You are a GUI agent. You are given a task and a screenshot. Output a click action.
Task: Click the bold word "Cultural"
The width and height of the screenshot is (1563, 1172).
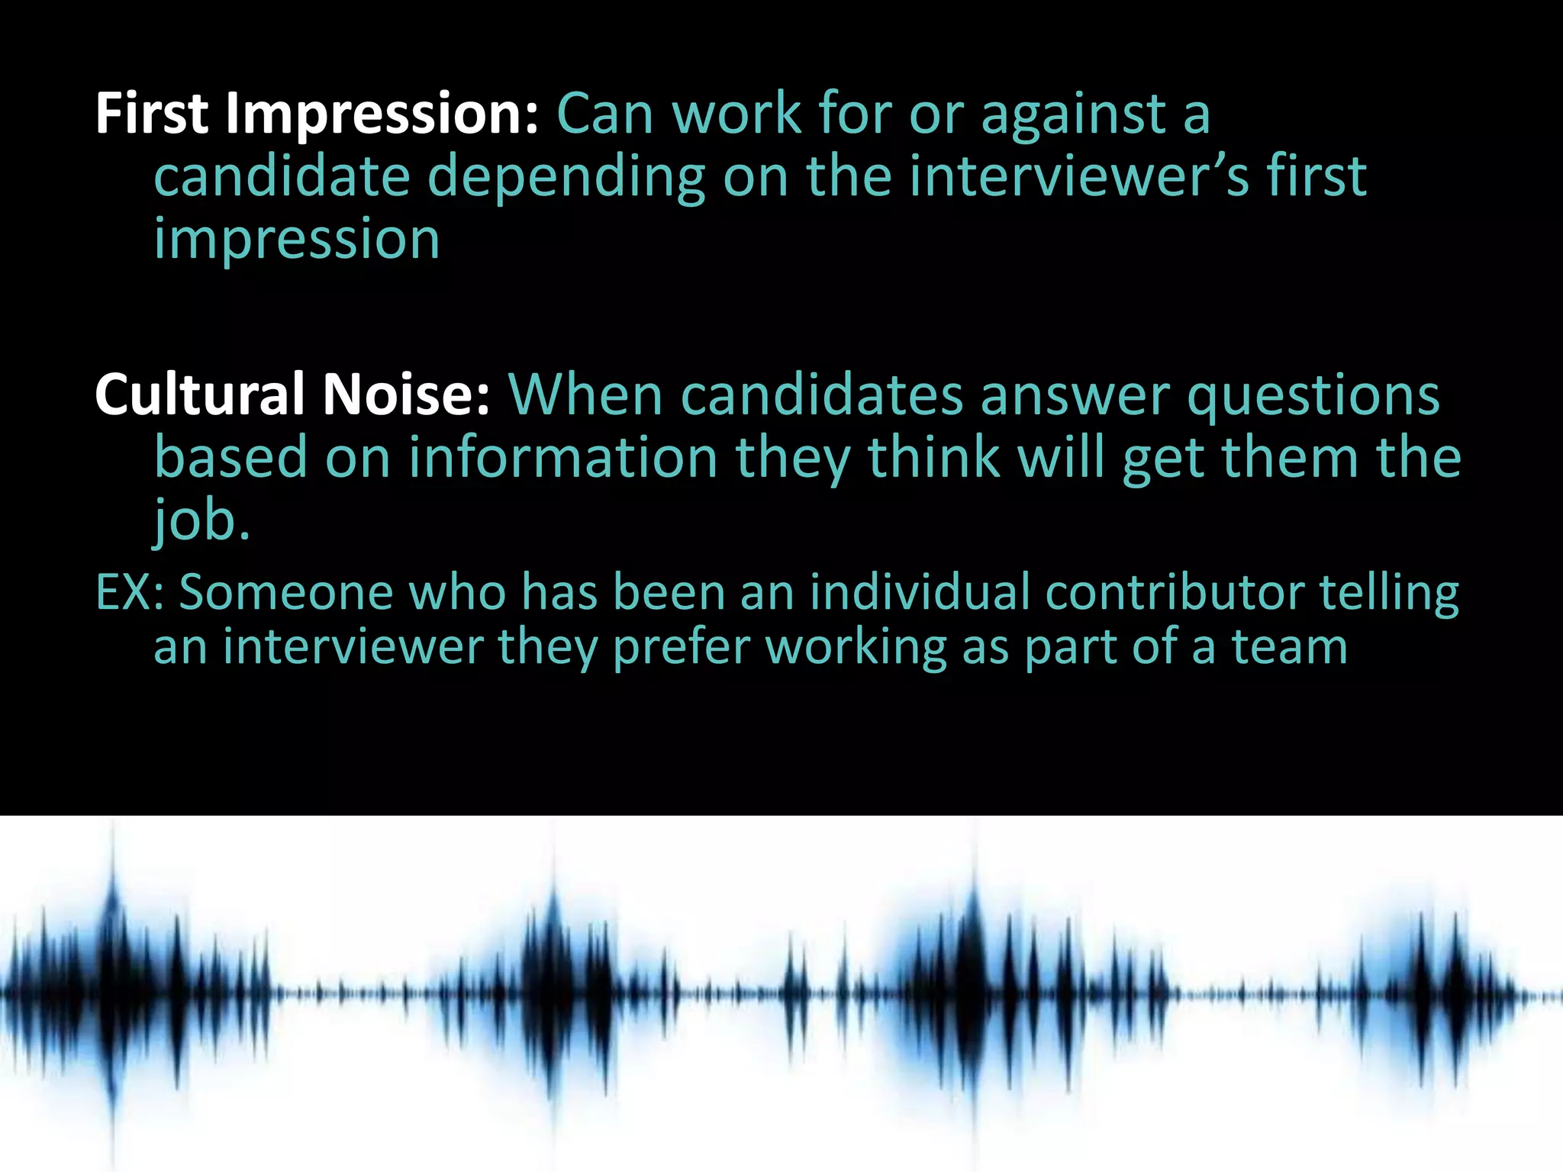200,394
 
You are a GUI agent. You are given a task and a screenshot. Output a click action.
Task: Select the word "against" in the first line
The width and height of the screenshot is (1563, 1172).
1072,114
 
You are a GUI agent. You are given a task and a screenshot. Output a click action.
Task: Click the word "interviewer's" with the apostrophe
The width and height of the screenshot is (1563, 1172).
1079,177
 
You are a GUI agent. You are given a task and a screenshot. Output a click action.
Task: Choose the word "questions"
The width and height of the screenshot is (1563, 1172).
1313,395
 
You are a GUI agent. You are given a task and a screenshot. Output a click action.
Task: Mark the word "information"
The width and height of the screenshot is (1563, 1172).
563,457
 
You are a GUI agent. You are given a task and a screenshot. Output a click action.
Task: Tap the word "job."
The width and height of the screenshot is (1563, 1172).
201,520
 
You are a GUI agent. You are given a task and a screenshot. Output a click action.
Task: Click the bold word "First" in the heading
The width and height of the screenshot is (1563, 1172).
151,114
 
